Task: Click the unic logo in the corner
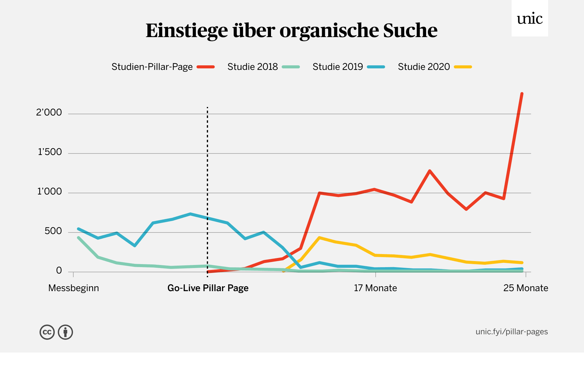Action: point(530,19)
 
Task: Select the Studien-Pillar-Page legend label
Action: point(152,67)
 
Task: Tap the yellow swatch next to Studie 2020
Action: point(463,67)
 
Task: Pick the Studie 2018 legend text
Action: point(252,67)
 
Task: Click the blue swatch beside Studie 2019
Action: point(376,67)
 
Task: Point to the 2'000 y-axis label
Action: point(49,112)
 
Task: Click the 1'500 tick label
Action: point(50,152)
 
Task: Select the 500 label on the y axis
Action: point(53,231)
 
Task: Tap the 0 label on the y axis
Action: point(59,270)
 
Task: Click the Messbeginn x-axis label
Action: point(74,288)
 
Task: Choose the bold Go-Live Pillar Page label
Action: point(208,288)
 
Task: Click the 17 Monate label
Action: point(375,288)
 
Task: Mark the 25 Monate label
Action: point(525,288)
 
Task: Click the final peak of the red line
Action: point(522,94)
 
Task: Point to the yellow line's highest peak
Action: point(319,238)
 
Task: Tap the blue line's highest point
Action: point(190,214)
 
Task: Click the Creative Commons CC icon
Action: point(47,332)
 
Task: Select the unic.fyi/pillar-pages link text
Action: point(512,332)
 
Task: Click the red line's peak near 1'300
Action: point(429,171)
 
